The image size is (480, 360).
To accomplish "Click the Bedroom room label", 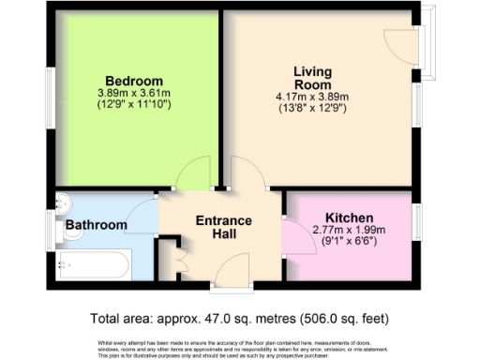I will [133, 80].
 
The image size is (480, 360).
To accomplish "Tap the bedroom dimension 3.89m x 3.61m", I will [133, 93].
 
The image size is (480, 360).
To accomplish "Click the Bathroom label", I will [96, 225].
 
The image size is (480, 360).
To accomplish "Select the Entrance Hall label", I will [223, 228].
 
